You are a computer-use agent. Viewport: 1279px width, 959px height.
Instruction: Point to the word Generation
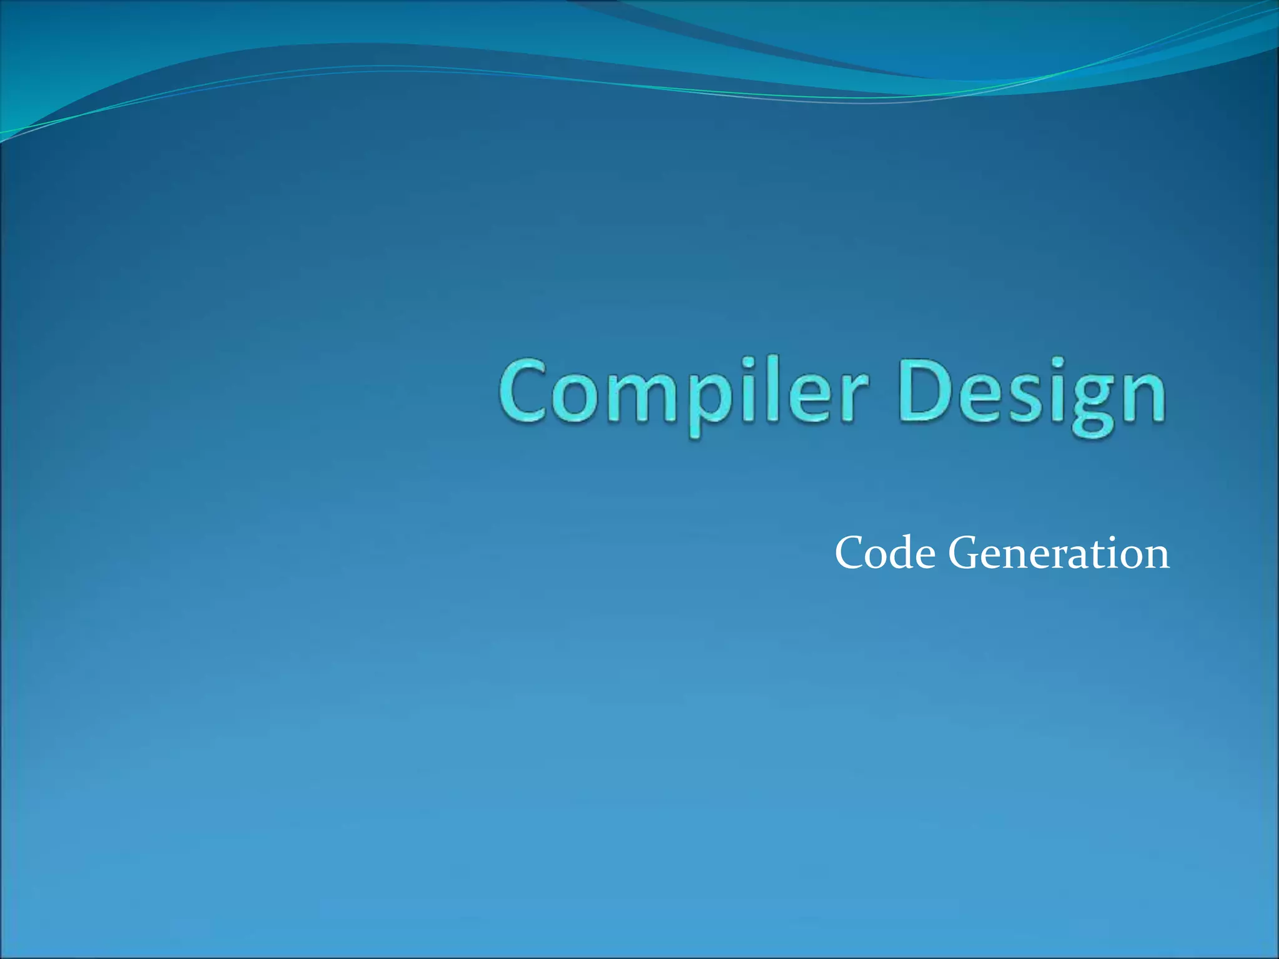click(1059, 553)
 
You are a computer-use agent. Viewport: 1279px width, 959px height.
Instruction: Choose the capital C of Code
click(850, 553)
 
